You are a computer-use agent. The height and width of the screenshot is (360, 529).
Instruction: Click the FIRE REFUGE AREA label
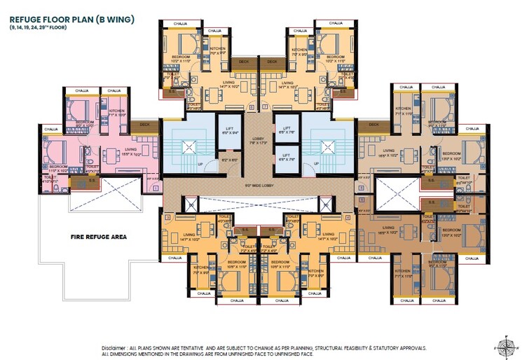(98, 237)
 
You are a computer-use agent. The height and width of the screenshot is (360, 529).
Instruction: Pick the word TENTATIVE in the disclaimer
(191, 347)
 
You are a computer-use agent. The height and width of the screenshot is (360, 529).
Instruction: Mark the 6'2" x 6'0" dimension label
(228, 160)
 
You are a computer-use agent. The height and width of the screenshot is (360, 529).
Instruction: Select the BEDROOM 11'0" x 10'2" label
(58, 168)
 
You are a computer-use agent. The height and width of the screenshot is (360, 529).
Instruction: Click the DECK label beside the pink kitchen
(144, 125)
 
